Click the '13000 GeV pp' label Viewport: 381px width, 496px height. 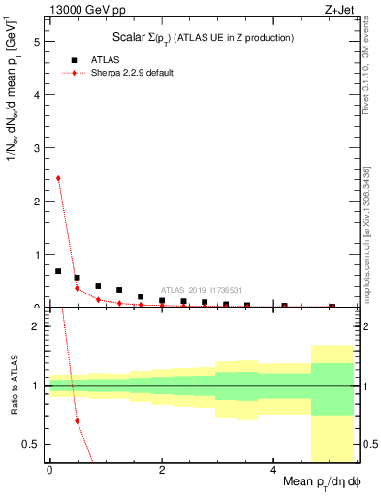click(x=79, y=11)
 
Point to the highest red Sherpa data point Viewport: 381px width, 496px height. click(x=58, y=178)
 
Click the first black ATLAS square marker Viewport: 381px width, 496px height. click(x=58, y=271)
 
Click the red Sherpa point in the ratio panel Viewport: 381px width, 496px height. click(x=77, y=420)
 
